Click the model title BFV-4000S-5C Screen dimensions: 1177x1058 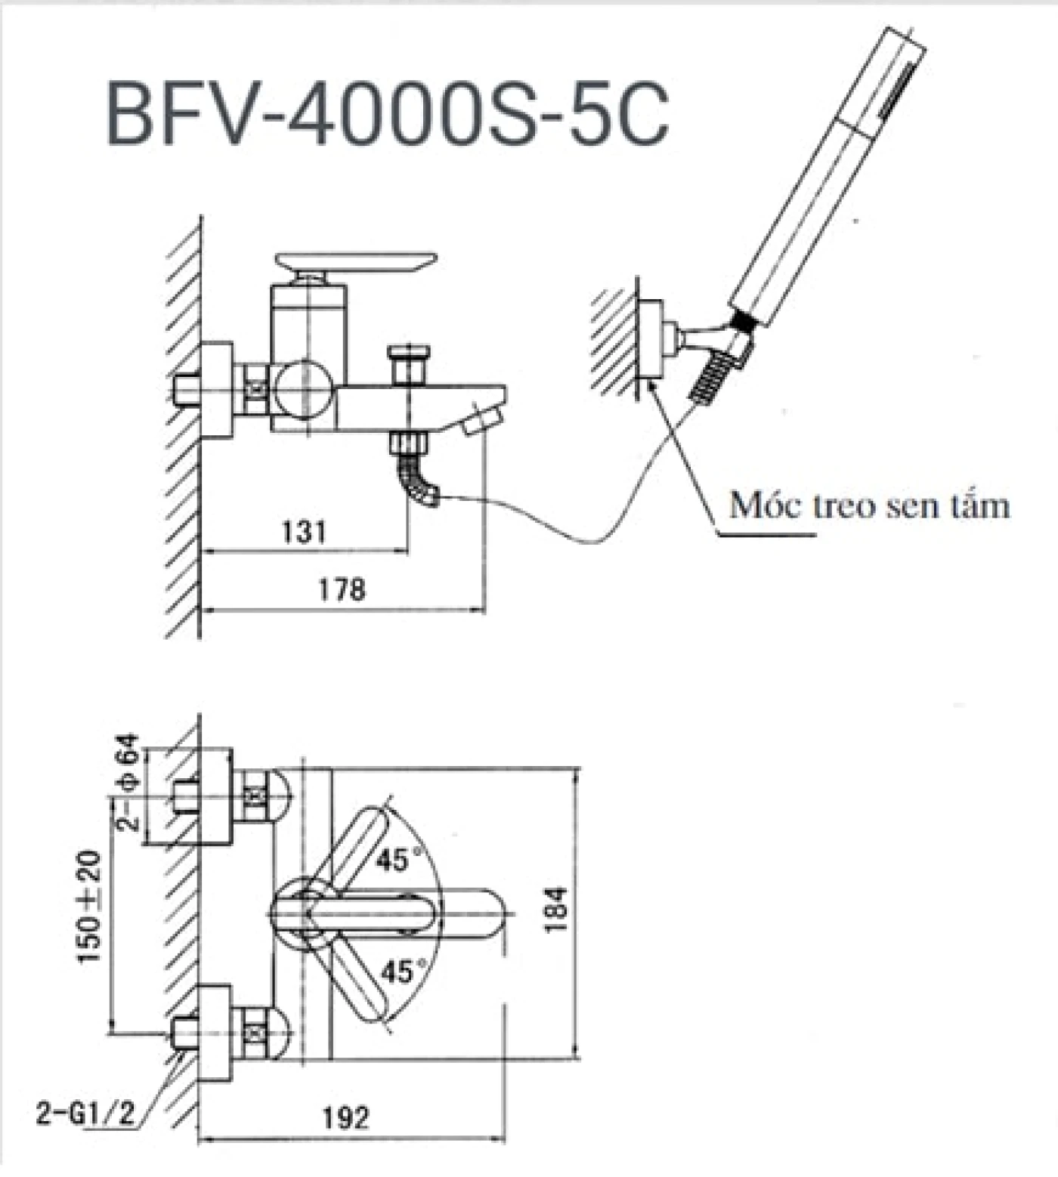point(387,114)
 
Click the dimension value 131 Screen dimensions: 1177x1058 point(304,532)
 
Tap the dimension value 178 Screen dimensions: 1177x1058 point(341,588)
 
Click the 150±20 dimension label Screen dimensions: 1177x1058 point(89,906)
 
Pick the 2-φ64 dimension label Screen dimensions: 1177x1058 point(127,781)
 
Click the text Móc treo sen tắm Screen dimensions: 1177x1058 point(868,505)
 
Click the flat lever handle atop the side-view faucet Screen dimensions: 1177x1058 point(356,261)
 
